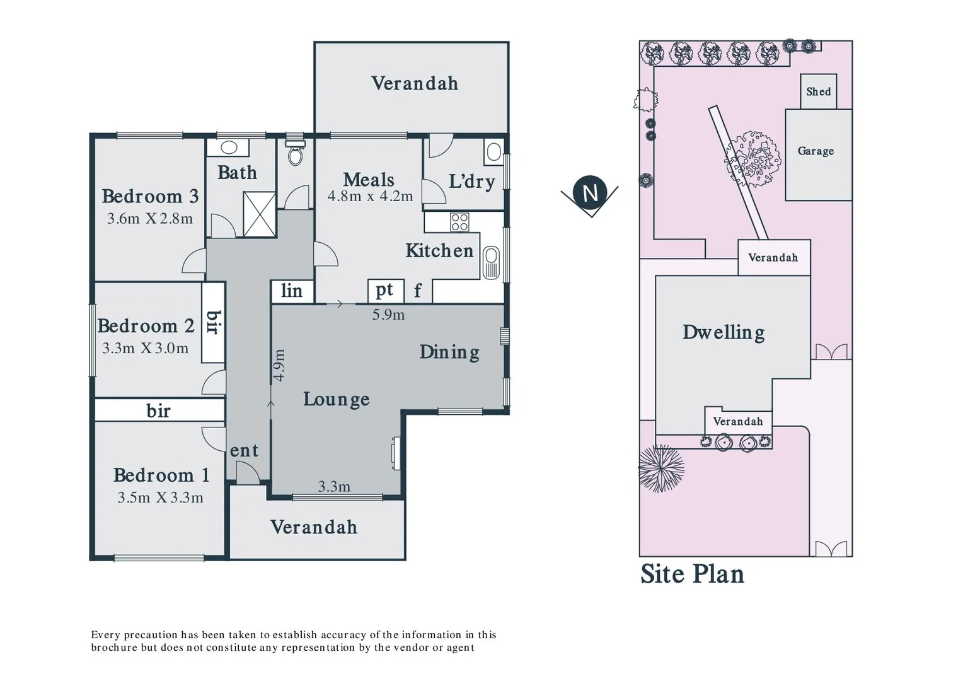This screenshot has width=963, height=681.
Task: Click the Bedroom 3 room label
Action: [x=150, y=196]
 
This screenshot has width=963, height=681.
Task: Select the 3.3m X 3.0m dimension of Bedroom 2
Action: [x=146, y=348]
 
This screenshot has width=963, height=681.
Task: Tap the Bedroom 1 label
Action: [x=161, y=475]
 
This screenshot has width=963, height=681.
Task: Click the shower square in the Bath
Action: [x=259, y=214]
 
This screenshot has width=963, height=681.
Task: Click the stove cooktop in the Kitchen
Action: [x=459, y=222]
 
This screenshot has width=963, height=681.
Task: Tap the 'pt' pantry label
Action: [x=385, y=290]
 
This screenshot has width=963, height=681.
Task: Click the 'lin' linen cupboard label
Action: [x=291, y=291]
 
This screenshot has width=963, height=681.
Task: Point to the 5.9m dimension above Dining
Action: [x=388, y=315]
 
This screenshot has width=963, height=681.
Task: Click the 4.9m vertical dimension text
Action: [x=279, y=365]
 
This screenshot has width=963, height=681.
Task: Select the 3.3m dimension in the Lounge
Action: [x=334, y=486]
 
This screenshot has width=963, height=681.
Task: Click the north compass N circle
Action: [x=590, y=192]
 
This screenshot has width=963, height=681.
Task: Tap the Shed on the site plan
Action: [x=818, y=91]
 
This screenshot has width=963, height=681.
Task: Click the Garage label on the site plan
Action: [x=816, y=151]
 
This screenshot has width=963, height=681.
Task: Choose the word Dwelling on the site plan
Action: [x=724, y=332]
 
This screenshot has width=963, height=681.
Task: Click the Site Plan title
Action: [x=692, y=574]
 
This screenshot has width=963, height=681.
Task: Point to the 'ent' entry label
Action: [x=244, y=450]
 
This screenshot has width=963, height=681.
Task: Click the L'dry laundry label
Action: [x=471, y=182]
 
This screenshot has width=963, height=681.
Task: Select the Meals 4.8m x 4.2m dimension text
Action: [x=370, y=196]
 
